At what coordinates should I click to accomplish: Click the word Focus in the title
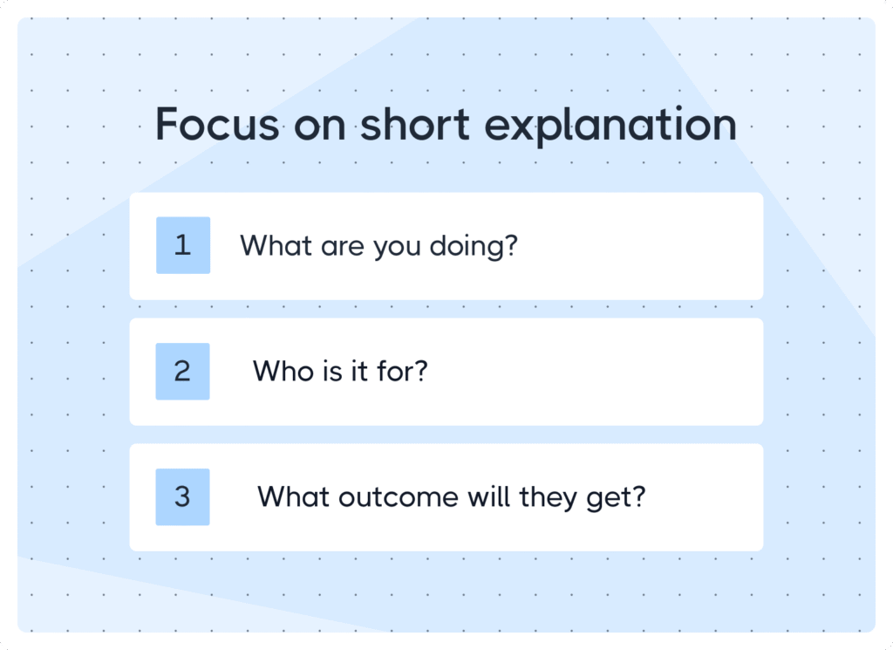217,124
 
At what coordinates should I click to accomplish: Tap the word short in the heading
415,123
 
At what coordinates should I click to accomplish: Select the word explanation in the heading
610,126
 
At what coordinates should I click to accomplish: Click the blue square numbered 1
183,245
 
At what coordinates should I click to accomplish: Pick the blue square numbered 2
183,372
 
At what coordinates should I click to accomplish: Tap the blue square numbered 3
183,496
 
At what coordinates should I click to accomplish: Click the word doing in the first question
474,247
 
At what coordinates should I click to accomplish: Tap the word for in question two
402,371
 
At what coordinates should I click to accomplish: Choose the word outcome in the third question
398,496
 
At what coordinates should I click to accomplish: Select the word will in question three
488,496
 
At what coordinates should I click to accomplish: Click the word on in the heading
320,127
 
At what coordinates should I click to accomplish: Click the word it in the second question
358,371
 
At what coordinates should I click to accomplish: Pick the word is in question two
332,371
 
